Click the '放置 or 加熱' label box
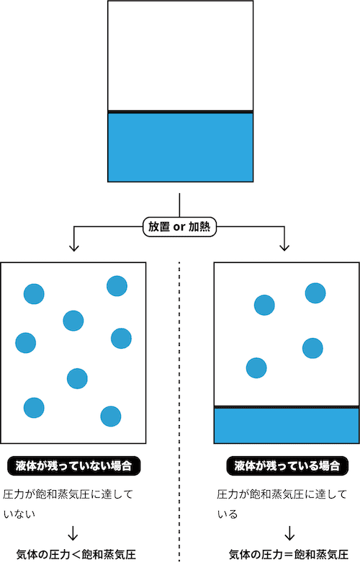[x=179, y=227]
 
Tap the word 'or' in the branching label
[x=179, y=227]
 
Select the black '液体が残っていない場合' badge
[x=73, y=466]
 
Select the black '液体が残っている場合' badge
[x=287, y=466]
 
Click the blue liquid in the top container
[x=180, y=148]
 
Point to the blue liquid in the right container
[x=287, y=425]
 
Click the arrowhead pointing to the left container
[x=74, y=248]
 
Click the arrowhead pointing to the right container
[x=284, y=248]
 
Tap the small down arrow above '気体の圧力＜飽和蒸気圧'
[x=73, y=533]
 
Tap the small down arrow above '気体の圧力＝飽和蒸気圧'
[x=289, y=533]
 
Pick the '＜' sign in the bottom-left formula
[x=76, y=555]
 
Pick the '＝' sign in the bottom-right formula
[x=289, y=555]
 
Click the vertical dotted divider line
[x=179, y=411]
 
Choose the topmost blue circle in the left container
[x=117, y=286]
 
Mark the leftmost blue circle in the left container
[x=26, y=343]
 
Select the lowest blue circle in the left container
[x=111, y=417]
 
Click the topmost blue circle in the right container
[x=315, y=293]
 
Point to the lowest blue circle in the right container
[x=256, y=368]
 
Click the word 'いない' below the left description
[x=19, y=514]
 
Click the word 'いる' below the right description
[x=228, y=514]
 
